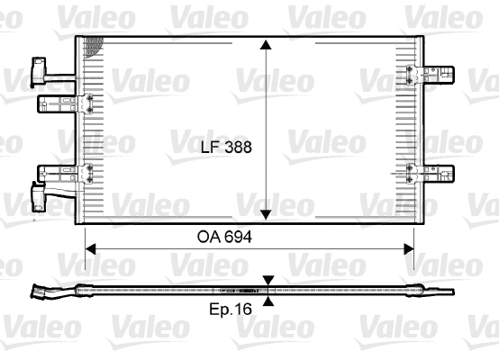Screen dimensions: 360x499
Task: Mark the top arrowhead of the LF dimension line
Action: [267, 46]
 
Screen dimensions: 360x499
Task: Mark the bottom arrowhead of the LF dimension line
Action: [267, 214]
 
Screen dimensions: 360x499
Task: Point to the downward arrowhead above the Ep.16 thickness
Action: [267, 282]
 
